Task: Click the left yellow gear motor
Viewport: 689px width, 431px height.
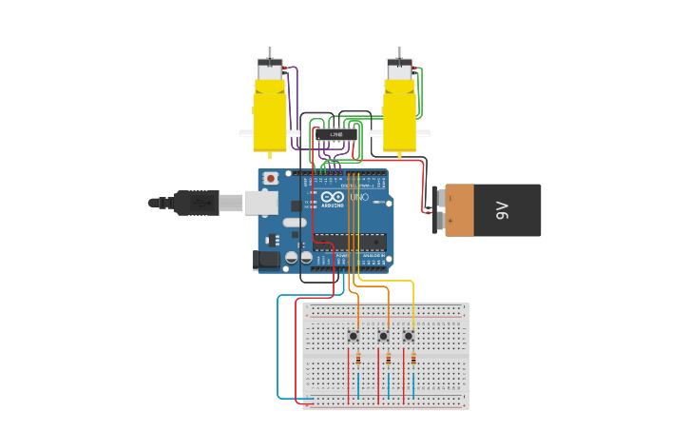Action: click(269, 114)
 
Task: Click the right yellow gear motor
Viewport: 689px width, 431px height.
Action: click(399, 114)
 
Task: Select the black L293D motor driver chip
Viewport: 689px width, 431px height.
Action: click(336, 135)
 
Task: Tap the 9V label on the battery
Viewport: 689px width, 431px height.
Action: click(502, 210)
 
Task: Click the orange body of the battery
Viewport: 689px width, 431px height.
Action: click(459, 210)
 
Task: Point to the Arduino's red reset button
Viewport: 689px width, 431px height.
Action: click(271, 178)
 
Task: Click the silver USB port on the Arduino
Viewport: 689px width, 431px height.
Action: click(260, 202)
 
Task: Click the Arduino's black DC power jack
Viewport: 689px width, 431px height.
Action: click(267, 259)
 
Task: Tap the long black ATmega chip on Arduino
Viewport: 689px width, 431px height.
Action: click(350, 242)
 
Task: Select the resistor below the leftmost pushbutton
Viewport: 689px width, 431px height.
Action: click(357, 359)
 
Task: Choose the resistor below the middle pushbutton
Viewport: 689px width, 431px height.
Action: click(388, 359)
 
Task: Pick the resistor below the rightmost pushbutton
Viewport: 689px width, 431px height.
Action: click(413, 359)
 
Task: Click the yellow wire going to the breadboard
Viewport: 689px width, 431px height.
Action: click(413, 295)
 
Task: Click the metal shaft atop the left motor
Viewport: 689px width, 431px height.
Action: click(270, 52)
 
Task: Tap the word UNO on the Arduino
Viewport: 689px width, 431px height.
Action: click(359, 197)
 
